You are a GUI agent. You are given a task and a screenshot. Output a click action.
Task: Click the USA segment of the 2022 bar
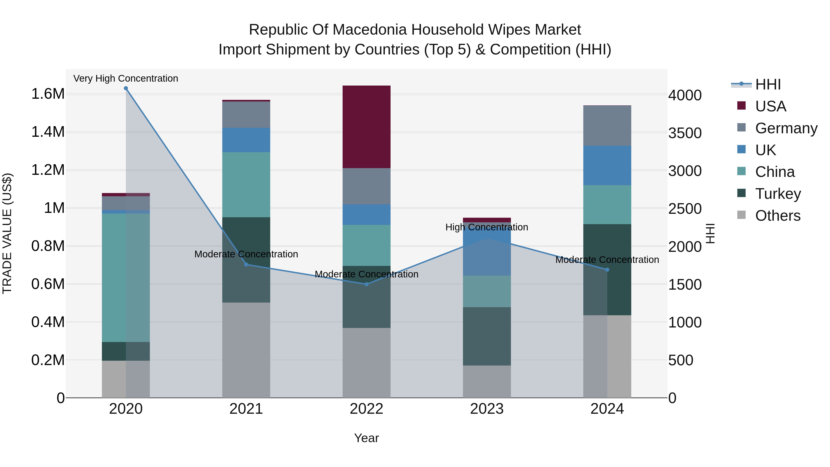[x=366, y=127]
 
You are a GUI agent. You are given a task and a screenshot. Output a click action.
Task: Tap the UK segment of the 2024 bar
[x=607, y=165]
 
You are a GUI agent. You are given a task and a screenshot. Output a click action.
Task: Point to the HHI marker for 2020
[x=126, y=88]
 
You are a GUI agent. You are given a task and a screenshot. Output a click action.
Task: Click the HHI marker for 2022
[x=366, y=284]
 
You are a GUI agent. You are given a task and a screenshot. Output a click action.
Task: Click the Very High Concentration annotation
[x=126, y=78]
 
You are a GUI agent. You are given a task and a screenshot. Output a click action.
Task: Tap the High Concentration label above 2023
[x=486, y=227]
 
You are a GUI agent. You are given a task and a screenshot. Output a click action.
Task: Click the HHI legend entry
[x=768, y=84]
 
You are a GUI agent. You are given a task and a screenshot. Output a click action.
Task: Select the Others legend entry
[x=777, y=216]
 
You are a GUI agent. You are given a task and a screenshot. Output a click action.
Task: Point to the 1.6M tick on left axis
[x=48, y=94]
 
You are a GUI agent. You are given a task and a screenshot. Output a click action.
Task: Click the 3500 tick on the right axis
[x=685, y=133]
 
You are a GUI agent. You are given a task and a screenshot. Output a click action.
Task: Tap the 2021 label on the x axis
[x=246, y=409]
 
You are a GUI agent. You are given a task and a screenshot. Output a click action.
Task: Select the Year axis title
[x=366, y=438]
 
